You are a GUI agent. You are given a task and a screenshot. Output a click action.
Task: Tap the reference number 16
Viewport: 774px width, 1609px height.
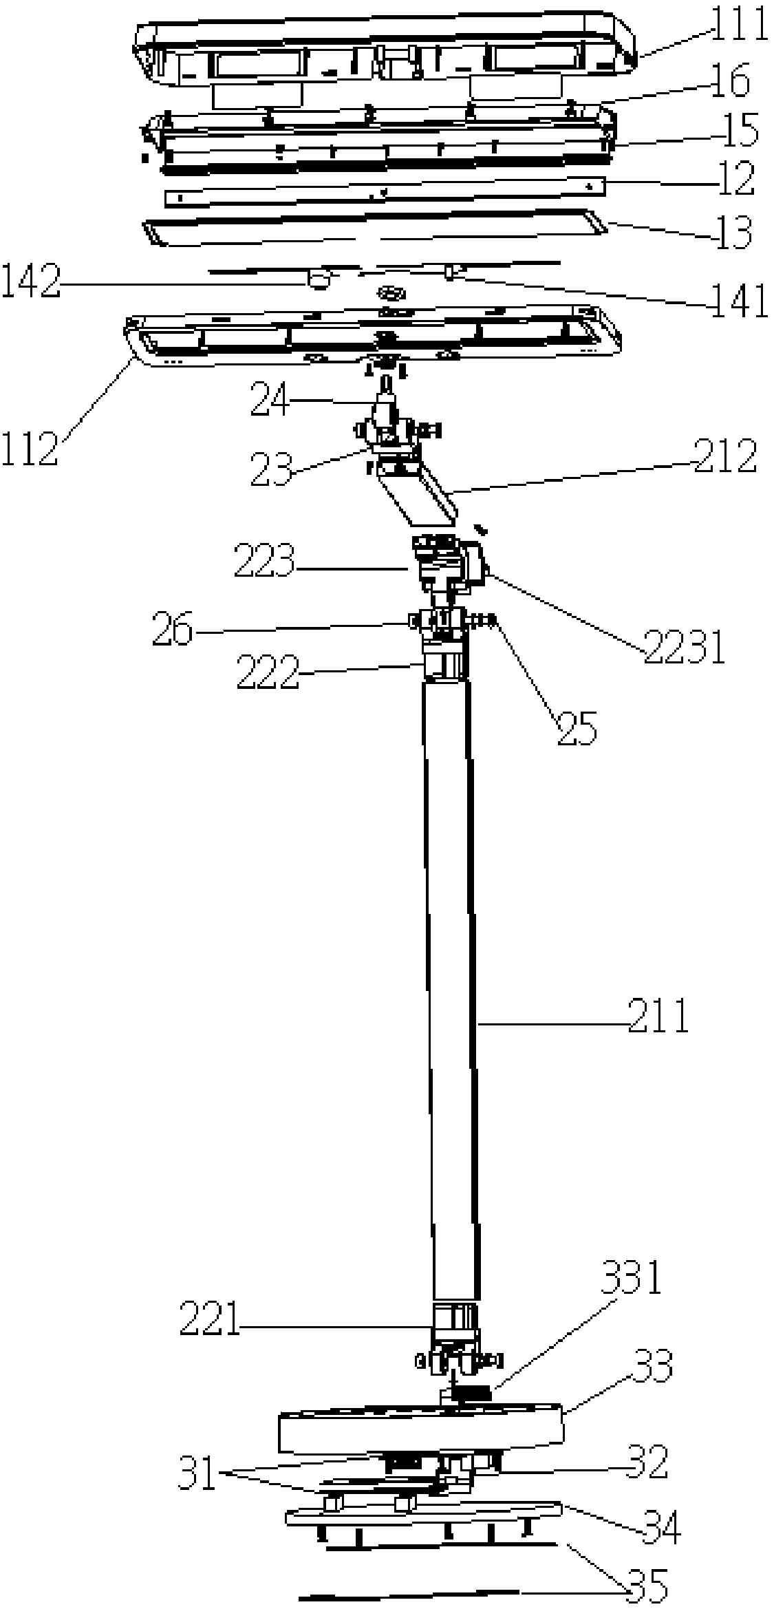pos(729,83)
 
